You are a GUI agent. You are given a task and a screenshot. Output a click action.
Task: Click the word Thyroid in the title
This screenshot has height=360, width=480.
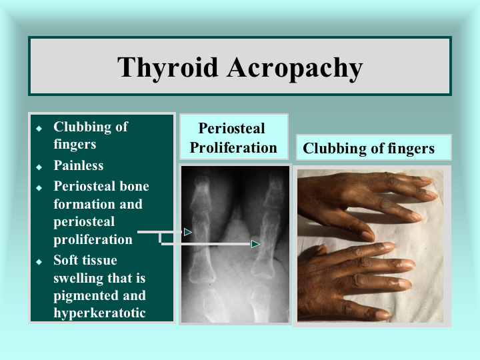coord(168,68)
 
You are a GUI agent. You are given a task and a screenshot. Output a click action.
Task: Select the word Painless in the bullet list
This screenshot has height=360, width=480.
coord(79,165)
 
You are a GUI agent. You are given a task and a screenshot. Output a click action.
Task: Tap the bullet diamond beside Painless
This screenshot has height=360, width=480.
coord(39,167)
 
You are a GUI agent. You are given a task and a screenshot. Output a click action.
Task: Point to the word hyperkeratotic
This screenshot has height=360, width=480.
coord(99,313)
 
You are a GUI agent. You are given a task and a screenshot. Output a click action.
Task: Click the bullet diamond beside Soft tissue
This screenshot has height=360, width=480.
coord(39,262)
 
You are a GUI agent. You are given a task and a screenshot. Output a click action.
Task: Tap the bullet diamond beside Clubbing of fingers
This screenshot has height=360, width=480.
coord(39,128)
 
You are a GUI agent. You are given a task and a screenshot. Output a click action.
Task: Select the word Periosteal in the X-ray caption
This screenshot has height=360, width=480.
coord(232,128)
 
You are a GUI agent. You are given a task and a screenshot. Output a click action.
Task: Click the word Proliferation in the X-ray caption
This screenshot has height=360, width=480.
coord(233,148)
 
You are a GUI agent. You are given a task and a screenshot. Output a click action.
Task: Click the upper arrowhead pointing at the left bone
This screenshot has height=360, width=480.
coord(187,232)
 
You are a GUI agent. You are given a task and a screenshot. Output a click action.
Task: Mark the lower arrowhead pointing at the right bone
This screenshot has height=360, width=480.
coord(255,244)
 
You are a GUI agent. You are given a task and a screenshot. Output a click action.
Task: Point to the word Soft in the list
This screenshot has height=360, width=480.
coord(66,260)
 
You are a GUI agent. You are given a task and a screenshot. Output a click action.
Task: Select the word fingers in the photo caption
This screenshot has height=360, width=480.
coord(411,149)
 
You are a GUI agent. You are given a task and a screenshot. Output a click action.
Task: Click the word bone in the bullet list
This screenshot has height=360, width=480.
coord(135,186)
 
